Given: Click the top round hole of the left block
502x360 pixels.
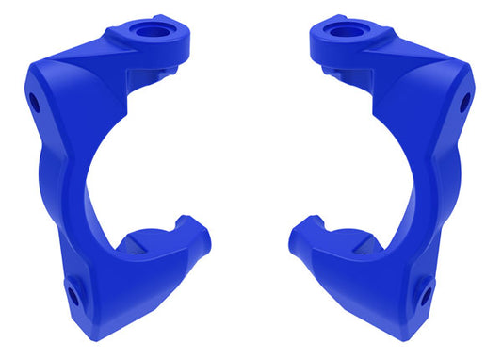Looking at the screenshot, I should [x=147, y=29].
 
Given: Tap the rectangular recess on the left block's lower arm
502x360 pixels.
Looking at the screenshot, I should [x=135, y=247].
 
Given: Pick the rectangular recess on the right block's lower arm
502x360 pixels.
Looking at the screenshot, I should [x=364, y=247].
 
